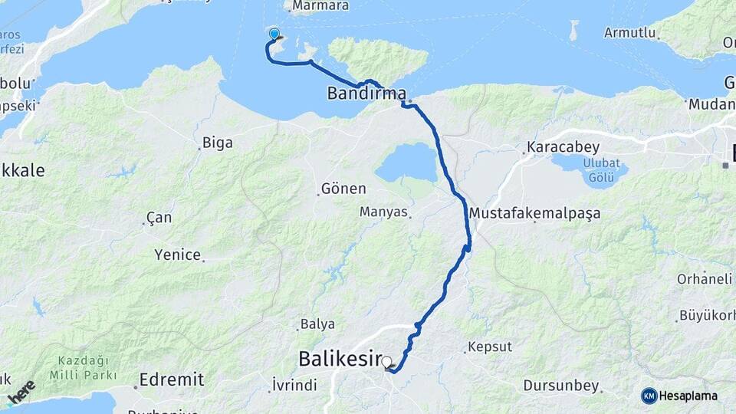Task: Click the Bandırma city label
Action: [366, 94]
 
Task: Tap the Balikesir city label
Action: [339, 358]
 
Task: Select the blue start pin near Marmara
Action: [274, 34]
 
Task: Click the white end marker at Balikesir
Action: [387, 362]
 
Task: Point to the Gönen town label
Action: [343, 189]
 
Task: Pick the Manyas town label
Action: [384, 212]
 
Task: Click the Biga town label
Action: [217, 143]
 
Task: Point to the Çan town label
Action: [159, 218]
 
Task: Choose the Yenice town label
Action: [177, 255]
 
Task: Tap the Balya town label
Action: [317, 324]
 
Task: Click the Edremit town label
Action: [172, 379]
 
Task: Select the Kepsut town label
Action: [491, 347]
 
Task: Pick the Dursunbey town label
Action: [560, 385]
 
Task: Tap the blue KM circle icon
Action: [649, 396]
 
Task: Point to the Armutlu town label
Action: [630, 33]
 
